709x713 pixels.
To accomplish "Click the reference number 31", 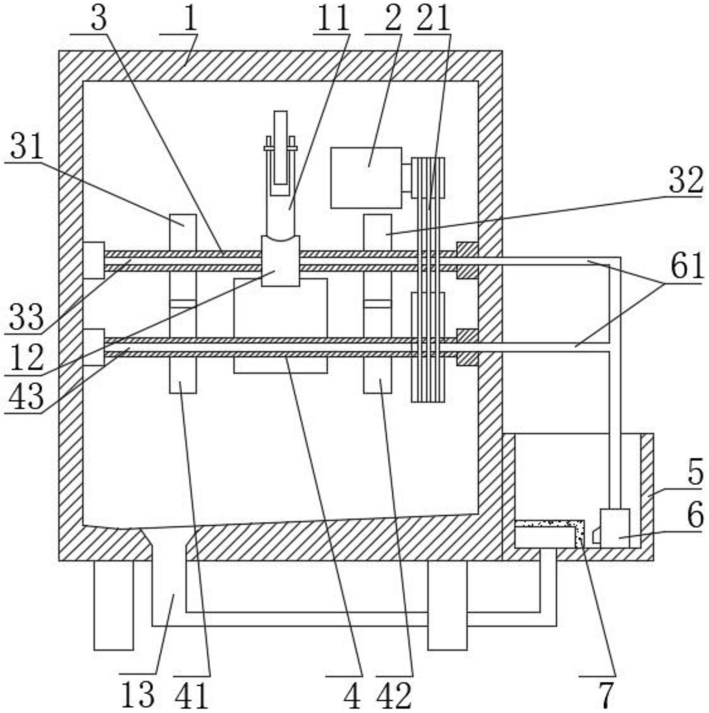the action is click(27, 147).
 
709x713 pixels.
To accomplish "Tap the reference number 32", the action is click(686, 180).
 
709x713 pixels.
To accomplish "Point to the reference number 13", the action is click(138, 694).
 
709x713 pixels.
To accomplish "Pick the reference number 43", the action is click(26, 396).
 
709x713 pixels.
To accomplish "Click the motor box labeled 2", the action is click(366, 178).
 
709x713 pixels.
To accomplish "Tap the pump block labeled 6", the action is click(615, 528).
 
